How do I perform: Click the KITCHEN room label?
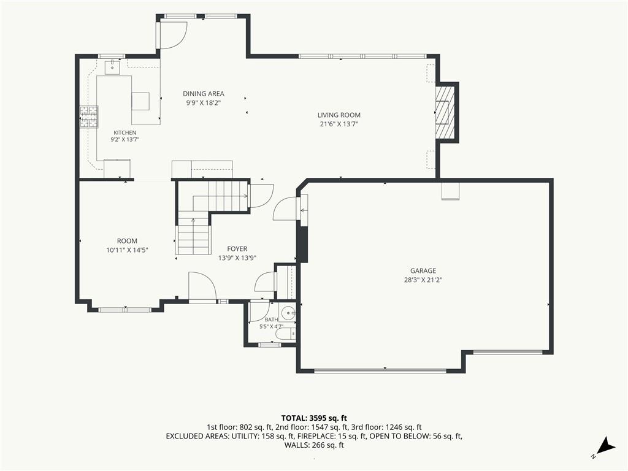[125, 132]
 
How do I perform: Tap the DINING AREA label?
[204, 94]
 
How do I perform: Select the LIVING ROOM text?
[339, 115]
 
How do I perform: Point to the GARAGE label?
[423, 270]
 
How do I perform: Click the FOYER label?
[237, 249]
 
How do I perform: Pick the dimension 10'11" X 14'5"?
[127, 250]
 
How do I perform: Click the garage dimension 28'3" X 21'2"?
[423, 280]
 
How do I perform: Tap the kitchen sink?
[113, 67]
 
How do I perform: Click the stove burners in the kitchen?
[88, 117]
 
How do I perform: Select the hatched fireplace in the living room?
[445, 113]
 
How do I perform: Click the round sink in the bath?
[287, 313]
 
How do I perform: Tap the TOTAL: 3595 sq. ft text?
[313, 418]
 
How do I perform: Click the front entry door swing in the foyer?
[202, 286]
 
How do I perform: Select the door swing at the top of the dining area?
[173, 34]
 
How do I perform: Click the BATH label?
[271, 320]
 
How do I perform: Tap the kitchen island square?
[140, 101]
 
